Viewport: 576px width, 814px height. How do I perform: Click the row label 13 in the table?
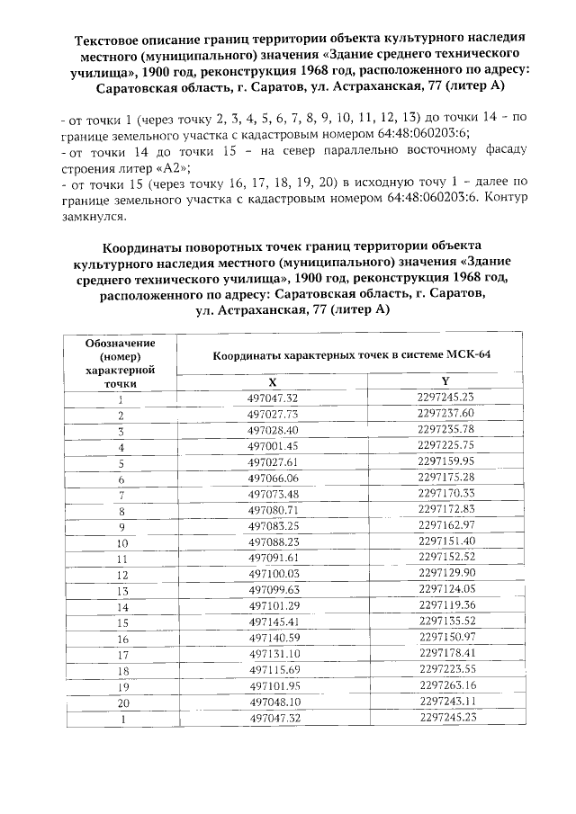point(121,591)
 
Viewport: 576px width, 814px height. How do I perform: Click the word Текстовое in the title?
point(111,41)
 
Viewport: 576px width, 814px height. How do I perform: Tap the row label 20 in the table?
point(121,702)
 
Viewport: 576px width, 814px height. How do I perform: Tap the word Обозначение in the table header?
point(121,344)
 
